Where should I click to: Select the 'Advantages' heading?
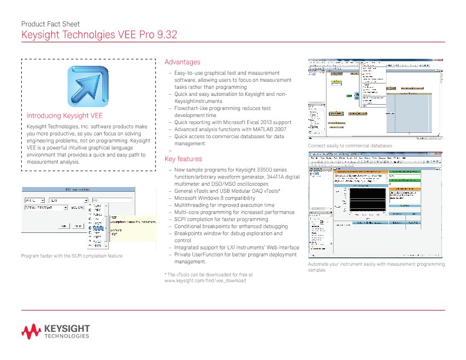click(x=182, y=62)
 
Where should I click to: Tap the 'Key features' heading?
click(x=183, y=159)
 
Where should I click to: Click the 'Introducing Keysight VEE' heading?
click(x=65, y=116)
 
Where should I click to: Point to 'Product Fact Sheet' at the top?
click(x=50, y=24)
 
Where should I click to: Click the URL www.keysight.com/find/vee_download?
click(x=205, y=281)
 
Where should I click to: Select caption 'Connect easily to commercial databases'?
click(x=349, y=145)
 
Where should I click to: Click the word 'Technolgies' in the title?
click(x=94, y=35)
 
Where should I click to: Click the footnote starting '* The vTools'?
click(x=208, y=274)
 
